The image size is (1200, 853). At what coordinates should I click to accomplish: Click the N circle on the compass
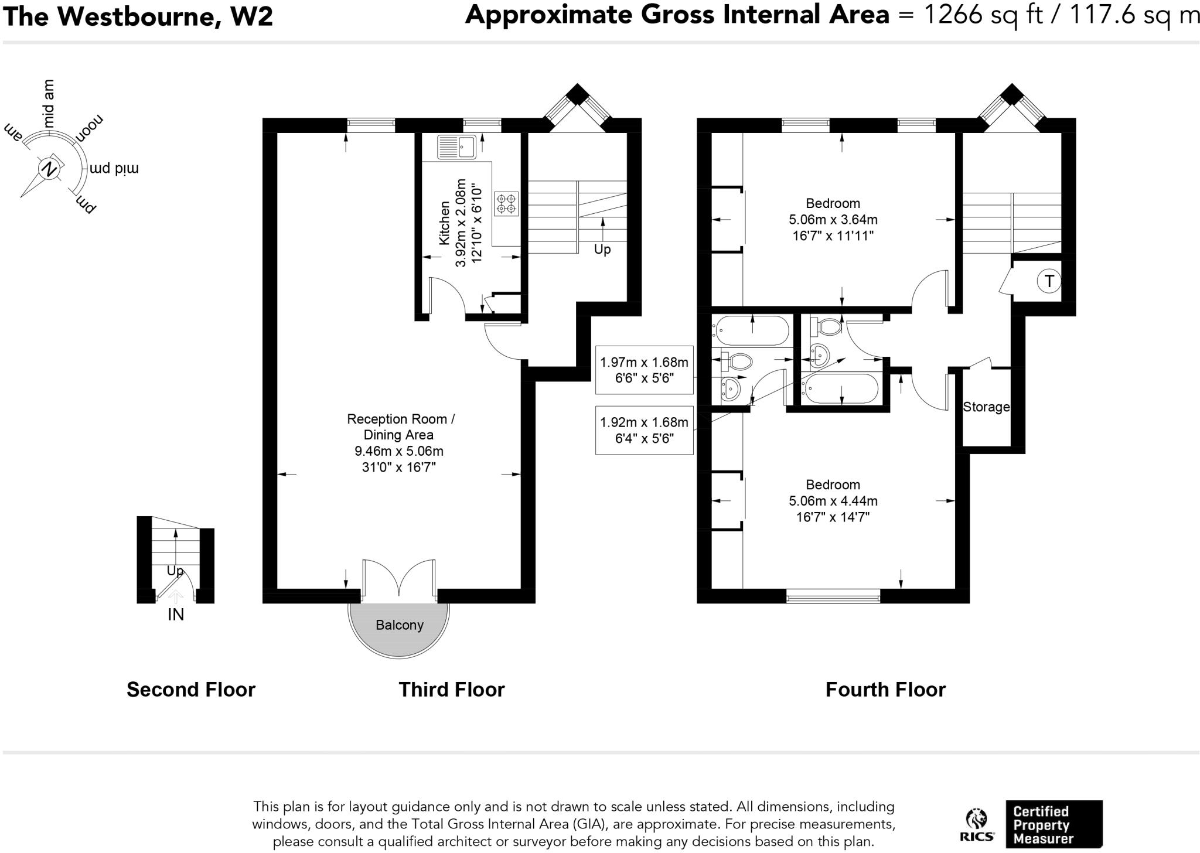coord(49,169)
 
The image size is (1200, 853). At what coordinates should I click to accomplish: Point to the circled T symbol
coord(1049,281)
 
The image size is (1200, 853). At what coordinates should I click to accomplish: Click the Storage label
coord(986,407)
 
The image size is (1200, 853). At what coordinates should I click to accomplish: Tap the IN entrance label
coord(176,614)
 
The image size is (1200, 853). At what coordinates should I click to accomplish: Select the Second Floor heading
coord(191,690)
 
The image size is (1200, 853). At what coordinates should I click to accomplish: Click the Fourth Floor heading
coord(885,690)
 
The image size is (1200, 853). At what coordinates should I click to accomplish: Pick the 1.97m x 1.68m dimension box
coord(645,370)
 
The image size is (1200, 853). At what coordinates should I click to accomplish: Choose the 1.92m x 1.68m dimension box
coord(645,430)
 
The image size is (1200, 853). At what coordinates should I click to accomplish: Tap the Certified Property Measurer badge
coord(1054,824)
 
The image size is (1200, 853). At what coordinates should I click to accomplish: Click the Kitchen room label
coord(444,223)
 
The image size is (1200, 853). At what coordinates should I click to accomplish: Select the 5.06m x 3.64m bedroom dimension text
coord(833,220)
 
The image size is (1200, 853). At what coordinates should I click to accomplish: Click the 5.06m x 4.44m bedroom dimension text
coord(833,501)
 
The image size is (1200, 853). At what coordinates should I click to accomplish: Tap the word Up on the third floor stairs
coord(602,250)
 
